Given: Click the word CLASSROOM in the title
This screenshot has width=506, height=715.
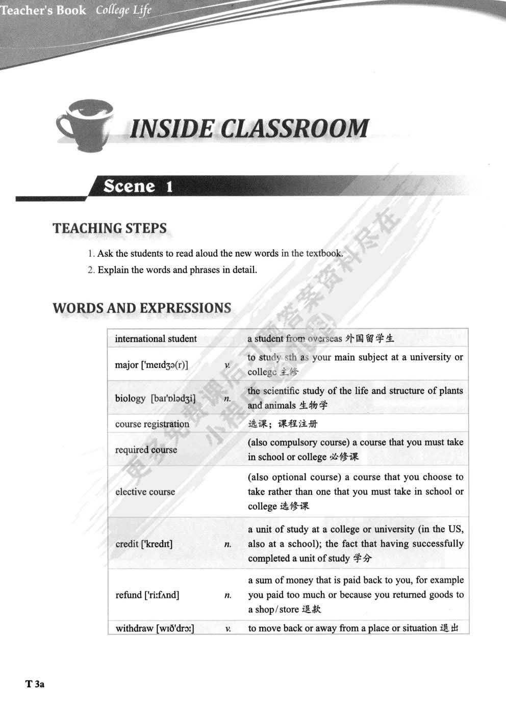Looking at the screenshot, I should tap(295, 128).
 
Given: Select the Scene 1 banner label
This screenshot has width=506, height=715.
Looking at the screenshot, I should tap(138, 187).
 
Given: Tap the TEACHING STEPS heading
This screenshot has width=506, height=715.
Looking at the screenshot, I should tap(110, 228).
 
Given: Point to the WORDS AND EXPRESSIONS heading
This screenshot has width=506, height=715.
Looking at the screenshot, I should tap(142, 308).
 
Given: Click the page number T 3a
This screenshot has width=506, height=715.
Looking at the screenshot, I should tap(35, 684).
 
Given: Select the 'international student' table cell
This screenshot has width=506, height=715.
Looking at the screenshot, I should tap(156, 339).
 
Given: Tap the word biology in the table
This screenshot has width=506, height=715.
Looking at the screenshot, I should tap(130, 399).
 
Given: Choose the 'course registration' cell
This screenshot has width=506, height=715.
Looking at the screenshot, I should tap(152, 424).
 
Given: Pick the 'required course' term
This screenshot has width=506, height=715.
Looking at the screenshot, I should tap(146, 450).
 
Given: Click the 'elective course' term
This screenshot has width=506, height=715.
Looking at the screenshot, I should tap(145, 492).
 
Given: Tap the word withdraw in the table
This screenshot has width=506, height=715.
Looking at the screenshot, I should tap(135, 628).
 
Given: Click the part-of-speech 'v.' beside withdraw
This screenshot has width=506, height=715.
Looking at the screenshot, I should tap(227, 629).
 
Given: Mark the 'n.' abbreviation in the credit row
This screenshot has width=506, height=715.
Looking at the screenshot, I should tap(227, 545).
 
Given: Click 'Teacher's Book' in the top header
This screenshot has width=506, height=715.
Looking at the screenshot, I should tap(43, 10).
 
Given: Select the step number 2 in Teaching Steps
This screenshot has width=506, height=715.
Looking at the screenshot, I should tap(91, 270).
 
